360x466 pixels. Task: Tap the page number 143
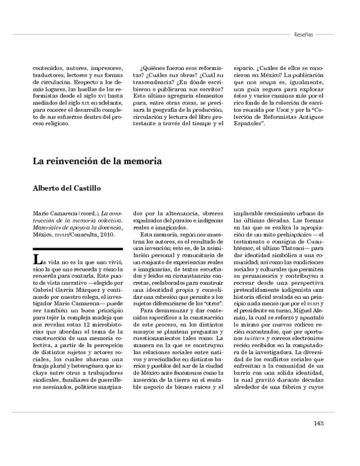tap(317, 423)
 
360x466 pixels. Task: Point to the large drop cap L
tap(37, 259)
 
